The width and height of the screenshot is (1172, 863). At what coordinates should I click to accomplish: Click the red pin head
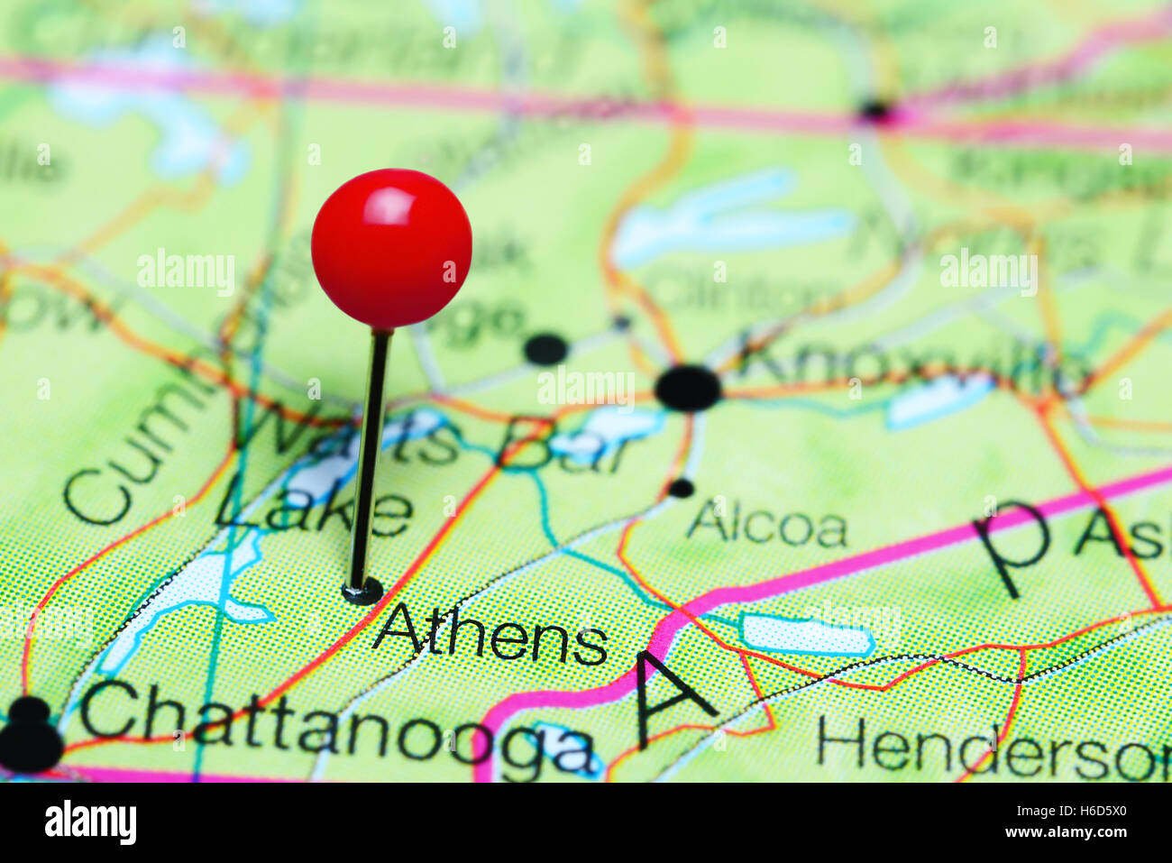[x=391, y=247]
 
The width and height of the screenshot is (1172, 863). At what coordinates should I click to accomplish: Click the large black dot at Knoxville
[x=688, y=388]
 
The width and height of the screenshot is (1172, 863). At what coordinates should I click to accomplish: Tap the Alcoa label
[x=767, y=528]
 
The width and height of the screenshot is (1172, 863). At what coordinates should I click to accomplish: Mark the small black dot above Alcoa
[x=681, y=488]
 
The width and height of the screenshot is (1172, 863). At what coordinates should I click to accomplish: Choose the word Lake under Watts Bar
[x=313, y=511]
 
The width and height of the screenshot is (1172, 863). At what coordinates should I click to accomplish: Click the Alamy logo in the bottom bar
[x=90, y=822]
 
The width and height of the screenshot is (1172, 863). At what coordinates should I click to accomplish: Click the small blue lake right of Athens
[x=805, y=635]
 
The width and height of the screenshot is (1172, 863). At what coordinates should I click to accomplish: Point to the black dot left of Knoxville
[x=545, y=348]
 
